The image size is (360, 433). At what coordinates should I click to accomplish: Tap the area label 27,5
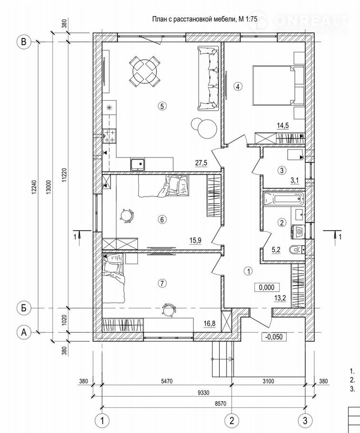point(201,163)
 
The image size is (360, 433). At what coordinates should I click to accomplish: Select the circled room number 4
point(238,86)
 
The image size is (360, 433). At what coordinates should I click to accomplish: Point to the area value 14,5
point(283,126)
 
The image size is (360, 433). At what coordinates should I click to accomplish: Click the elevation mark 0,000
point(266,287)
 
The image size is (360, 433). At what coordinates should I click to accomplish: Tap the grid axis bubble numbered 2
point(232,420)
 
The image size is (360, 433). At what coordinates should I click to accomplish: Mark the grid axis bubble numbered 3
point(305,420)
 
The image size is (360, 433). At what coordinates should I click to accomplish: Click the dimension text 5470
point(166,382)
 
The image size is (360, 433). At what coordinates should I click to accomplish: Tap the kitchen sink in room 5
point(139,164)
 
